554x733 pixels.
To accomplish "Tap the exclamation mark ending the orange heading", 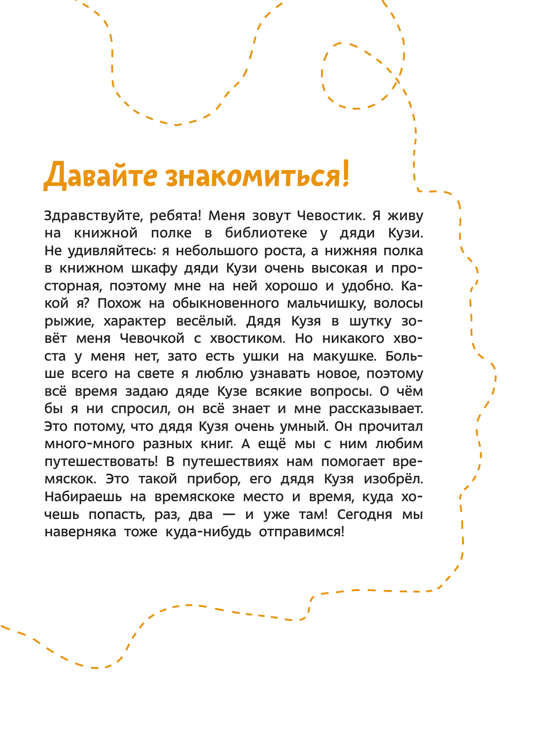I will pos(345,174).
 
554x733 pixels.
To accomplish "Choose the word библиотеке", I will pos(266,233).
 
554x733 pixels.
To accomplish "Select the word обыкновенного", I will pos(225,304).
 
